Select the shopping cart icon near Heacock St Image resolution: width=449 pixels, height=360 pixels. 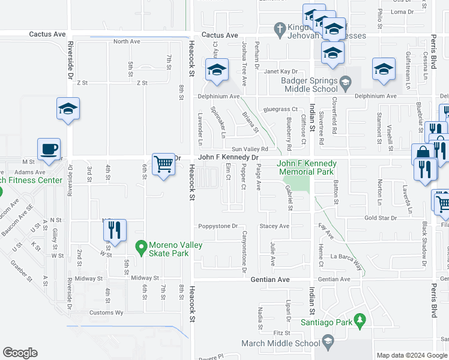point(163,164)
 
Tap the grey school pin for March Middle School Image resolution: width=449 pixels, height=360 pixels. point(328,343)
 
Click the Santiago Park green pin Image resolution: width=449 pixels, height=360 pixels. point(360,322)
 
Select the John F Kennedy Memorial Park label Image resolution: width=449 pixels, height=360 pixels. point(306,167)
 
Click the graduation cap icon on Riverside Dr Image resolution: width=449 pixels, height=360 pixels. point(68,109)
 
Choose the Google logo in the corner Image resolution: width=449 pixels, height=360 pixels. point(20,353)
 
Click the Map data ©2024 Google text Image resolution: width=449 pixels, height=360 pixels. point(412,355)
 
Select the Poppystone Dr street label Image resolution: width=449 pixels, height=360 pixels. point(217,226)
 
